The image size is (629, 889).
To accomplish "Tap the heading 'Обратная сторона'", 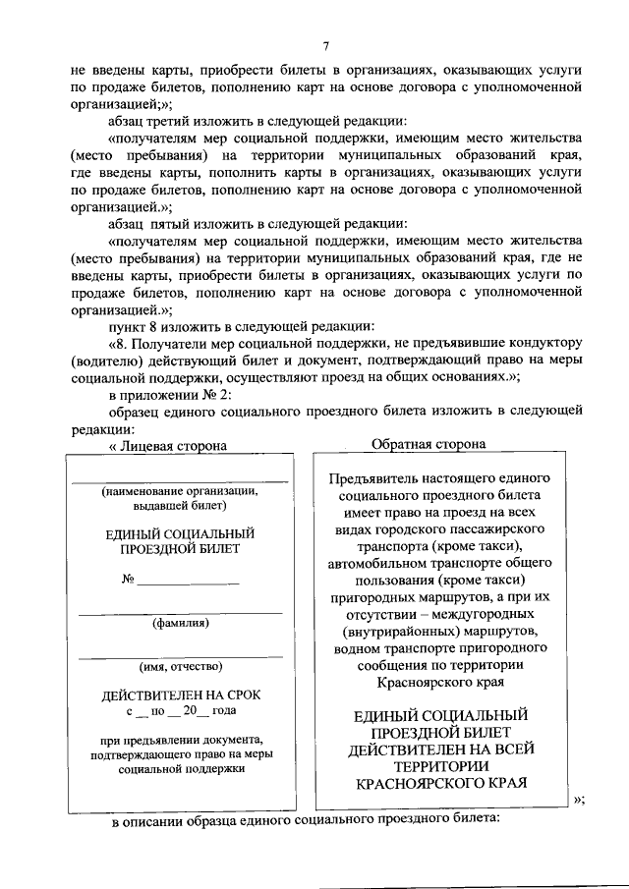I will click(x=428, y=444).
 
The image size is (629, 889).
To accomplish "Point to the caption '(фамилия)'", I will click(x=179, y=622).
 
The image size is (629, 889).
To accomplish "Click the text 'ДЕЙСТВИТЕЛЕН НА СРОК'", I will click(x=180, y=695).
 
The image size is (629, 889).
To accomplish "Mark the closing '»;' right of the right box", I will click(x=578, y=798).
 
